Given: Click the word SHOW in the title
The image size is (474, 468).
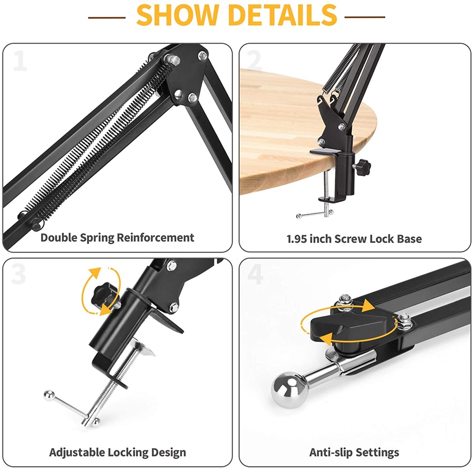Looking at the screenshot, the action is click(177, 15).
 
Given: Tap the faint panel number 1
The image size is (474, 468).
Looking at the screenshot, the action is click(20, 61).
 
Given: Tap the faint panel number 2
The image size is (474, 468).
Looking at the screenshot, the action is click(254, 61).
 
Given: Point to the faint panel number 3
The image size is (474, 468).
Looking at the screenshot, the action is click(19, 274).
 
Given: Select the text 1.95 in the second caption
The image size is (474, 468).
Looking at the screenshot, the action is click(297, 239).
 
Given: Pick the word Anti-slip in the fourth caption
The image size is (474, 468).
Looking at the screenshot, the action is click(331, 452).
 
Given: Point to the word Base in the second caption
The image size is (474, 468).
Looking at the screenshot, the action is click(409, 239).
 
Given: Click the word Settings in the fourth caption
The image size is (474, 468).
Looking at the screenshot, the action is click(377, 453).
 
